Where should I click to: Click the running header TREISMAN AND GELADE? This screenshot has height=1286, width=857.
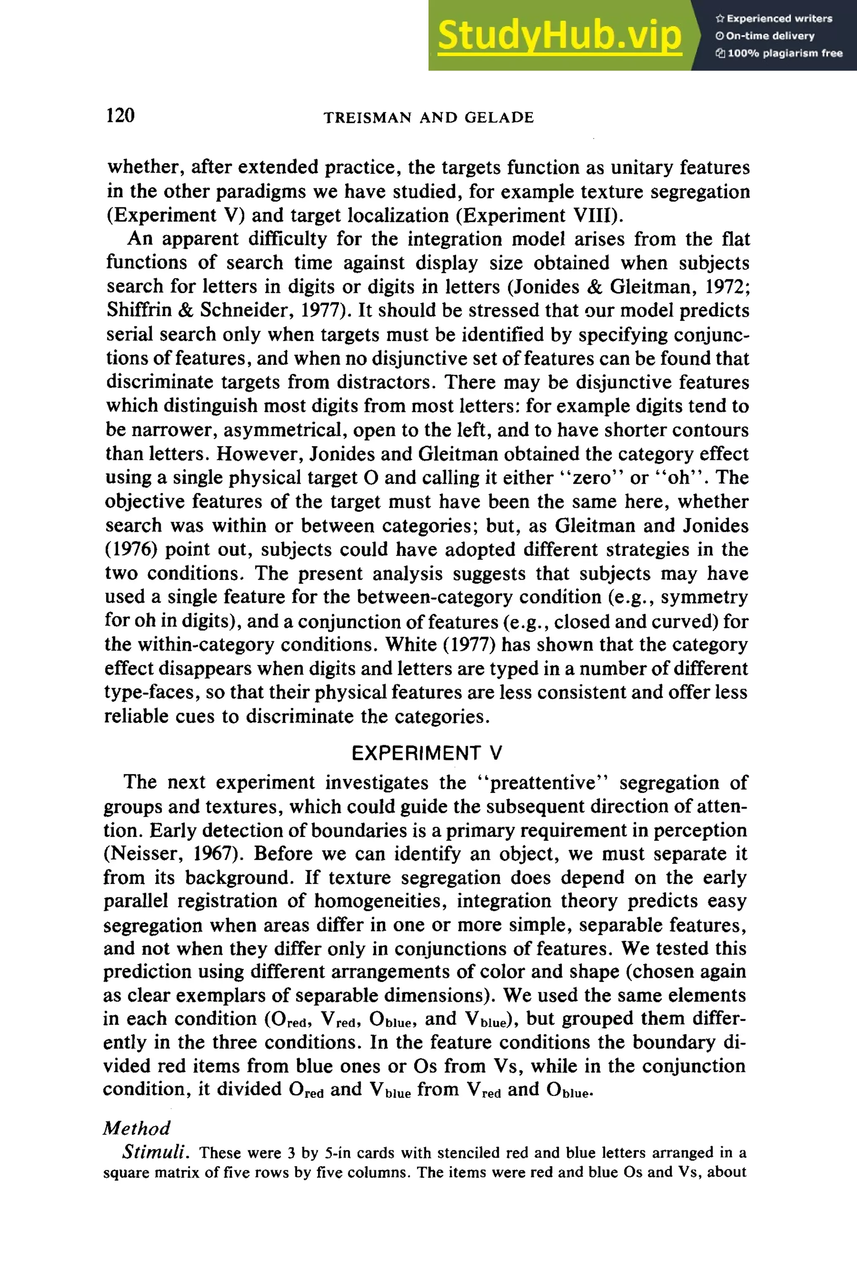pos(428,118)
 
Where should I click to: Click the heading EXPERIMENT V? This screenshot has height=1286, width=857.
pos(427,754)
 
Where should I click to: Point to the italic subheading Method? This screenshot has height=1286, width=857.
pos(137,1128)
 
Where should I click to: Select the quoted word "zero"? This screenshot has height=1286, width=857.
pos(593,478)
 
